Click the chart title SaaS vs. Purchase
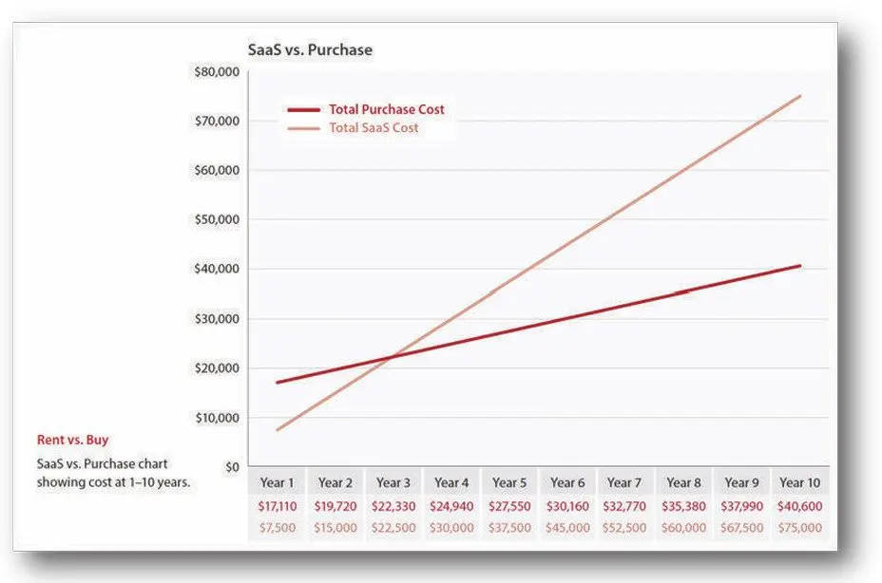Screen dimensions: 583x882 coord(310,49)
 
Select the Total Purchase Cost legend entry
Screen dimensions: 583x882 coord(386,109)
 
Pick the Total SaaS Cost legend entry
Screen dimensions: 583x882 coord(374,128)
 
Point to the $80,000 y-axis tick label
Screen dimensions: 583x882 coord(218,71)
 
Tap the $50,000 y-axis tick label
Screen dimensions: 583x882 coord(218,219)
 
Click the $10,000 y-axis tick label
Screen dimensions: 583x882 coord(218,417)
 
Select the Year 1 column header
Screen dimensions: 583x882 coord(277,483)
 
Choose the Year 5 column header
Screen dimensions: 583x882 coord(509,483)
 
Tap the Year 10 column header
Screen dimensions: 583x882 coord(799,483)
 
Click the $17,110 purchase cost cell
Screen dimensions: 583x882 coord(277,507)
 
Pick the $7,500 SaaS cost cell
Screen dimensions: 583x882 coord(277,528)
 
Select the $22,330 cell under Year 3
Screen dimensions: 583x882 coord(393,507)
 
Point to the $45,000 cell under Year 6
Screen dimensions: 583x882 coord(567,528)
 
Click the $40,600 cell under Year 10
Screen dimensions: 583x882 coord(799,507)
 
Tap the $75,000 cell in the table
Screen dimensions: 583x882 coord(799,528)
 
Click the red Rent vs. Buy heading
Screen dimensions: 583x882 coord(73,441)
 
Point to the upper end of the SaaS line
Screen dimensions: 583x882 coord(800,96)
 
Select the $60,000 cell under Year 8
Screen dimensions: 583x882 coord(683,528)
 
